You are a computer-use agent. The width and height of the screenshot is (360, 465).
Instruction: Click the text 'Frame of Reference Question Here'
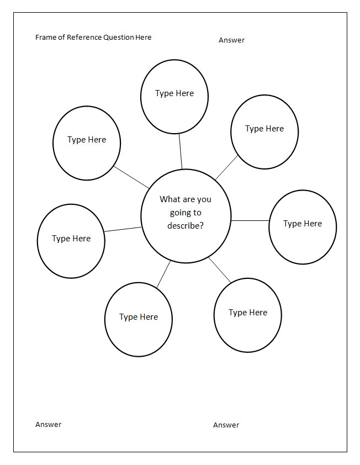(x=93, y=37)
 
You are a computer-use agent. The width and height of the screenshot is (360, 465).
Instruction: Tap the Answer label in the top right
(x=231, y=40)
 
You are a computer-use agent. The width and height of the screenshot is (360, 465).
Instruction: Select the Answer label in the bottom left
(x=49, y=424)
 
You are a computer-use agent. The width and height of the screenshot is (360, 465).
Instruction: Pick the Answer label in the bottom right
(x=226, y=425)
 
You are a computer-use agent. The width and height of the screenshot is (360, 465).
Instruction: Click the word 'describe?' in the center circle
(x=186, y=226)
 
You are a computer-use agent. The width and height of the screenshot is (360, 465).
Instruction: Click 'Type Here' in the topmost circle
(x=174, y=93)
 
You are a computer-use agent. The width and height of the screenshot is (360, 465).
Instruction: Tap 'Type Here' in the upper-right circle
(x=264, y=129)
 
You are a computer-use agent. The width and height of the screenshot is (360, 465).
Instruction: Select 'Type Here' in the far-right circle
(x=303, y=224)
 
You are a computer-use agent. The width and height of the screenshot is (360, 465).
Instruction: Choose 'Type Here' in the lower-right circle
(x=248, y=313)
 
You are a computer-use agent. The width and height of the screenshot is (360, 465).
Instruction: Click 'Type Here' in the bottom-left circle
(x=139, y=317)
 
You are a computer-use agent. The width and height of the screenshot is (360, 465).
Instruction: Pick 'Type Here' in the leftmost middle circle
(x=71, y=239)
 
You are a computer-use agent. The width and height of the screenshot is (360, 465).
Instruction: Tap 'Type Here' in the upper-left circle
(x=87, y=140)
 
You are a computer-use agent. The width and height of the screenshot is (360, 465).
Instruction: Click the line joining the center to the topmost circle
(x=180, y=151)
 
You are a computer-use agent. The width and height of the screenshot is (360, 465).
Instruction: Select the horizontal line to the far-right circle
(x=250, y=220)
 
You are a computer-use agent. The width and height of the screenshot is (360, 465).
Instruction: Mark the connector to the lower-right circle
(x=220, y=270)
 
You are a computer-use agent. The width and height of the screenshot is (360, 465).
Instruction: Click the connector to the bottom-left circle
(x=163, y=274)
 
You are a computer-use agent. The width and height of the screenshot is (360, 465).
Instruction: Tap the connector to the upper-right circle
(x=226, y=167)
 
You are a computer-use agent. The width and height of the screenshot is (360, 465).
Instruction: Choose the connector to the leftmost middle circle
(x=123, y=229)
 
